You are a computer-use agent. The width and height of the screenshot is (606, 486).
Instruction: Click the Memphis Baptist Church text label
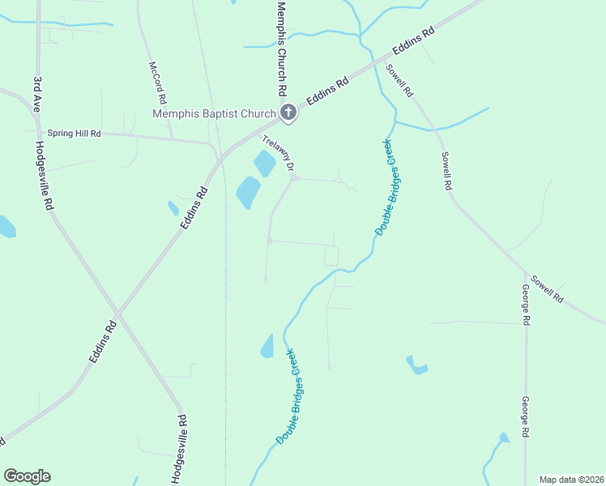214,114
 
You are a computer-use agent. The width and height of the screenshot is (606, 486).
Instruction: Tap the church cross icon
288,113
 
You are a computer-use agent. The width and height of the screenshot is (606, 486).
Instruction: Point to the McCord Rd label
157,83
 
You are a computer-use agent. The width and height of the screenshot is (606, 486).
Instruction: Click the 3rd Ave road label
37,94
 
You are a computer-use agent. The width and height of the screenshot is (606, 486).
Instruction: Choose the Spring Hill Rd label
74,133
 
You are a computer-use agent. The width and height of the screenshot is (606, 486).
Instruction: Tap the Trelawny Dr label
279,152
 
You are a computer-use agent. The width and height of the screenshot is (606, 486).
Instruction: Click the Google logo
27,476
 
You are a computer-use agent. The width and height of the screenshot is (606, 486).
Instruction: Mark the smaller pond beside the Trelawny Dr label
265,164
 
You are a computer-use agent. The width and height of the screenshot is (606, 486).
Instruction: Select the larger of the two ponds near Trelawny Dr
248,193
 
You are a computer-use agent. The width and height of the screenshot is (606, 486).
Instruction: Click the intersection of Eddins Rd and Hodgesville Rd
117,313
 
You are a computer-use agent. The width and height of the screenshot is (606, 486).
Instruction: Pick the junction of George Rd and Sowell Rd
526,273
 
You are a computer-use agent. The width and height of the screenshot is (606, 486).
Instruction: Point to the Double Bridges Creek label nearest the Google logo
287,396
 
